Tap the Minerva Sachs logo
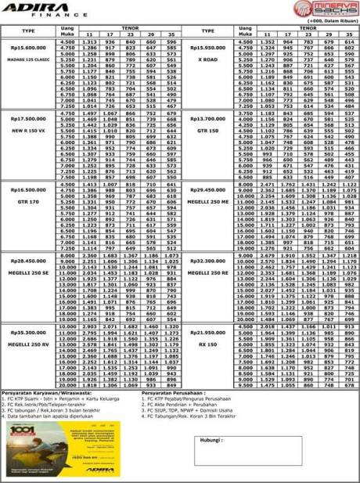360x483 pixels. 332,11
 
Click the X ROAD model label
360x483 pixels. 208,59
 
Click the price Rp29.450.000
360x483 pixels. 208,189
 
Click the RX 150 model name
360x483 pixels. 208,343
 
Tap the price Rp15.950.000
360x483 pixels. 208,48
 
